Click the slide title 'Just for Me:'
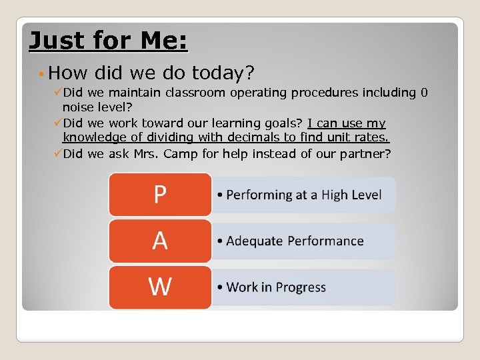pos(109,41)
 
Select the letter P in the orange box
pos(160,195)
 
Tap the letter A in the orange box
pos(160,241)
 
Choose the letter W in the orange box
pos(160,287)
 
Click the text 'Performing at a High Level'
pos(303,195)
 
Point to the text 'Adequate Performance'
pos(295,241)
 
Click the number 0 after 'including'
pos(424,93)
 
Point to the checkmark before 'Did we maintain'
pos(57,92)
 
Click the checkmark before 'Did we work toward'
pos(57,123)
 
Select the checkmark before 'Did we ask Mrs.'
pos(57,153)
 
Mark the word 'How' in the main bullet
pos(63,72)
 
